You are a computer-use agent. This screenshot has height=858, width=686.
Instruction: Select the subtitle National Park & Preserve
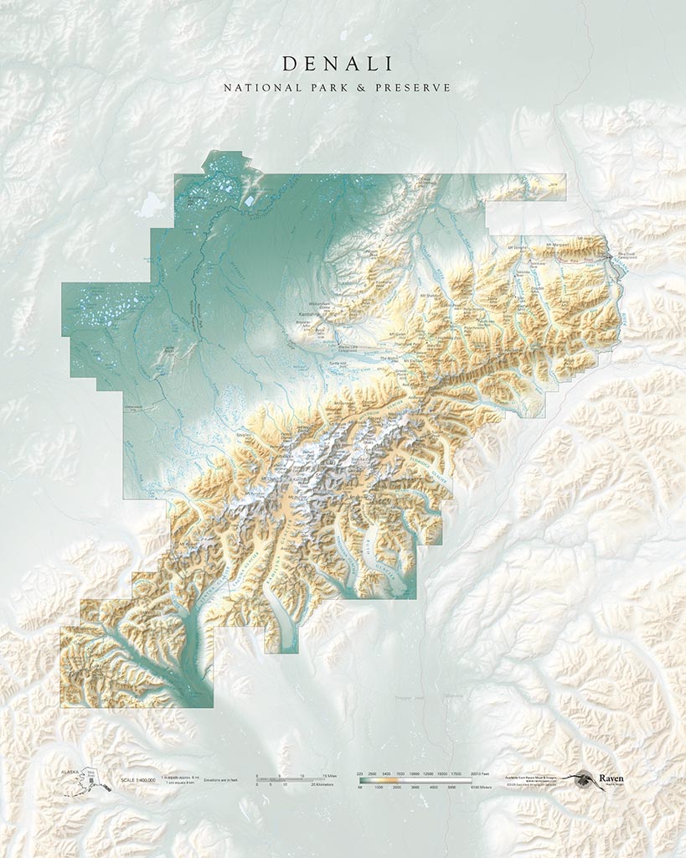pos(338,87)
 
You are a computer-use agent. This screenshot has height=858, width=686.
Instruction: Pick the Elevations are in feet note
pos(219,780)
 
